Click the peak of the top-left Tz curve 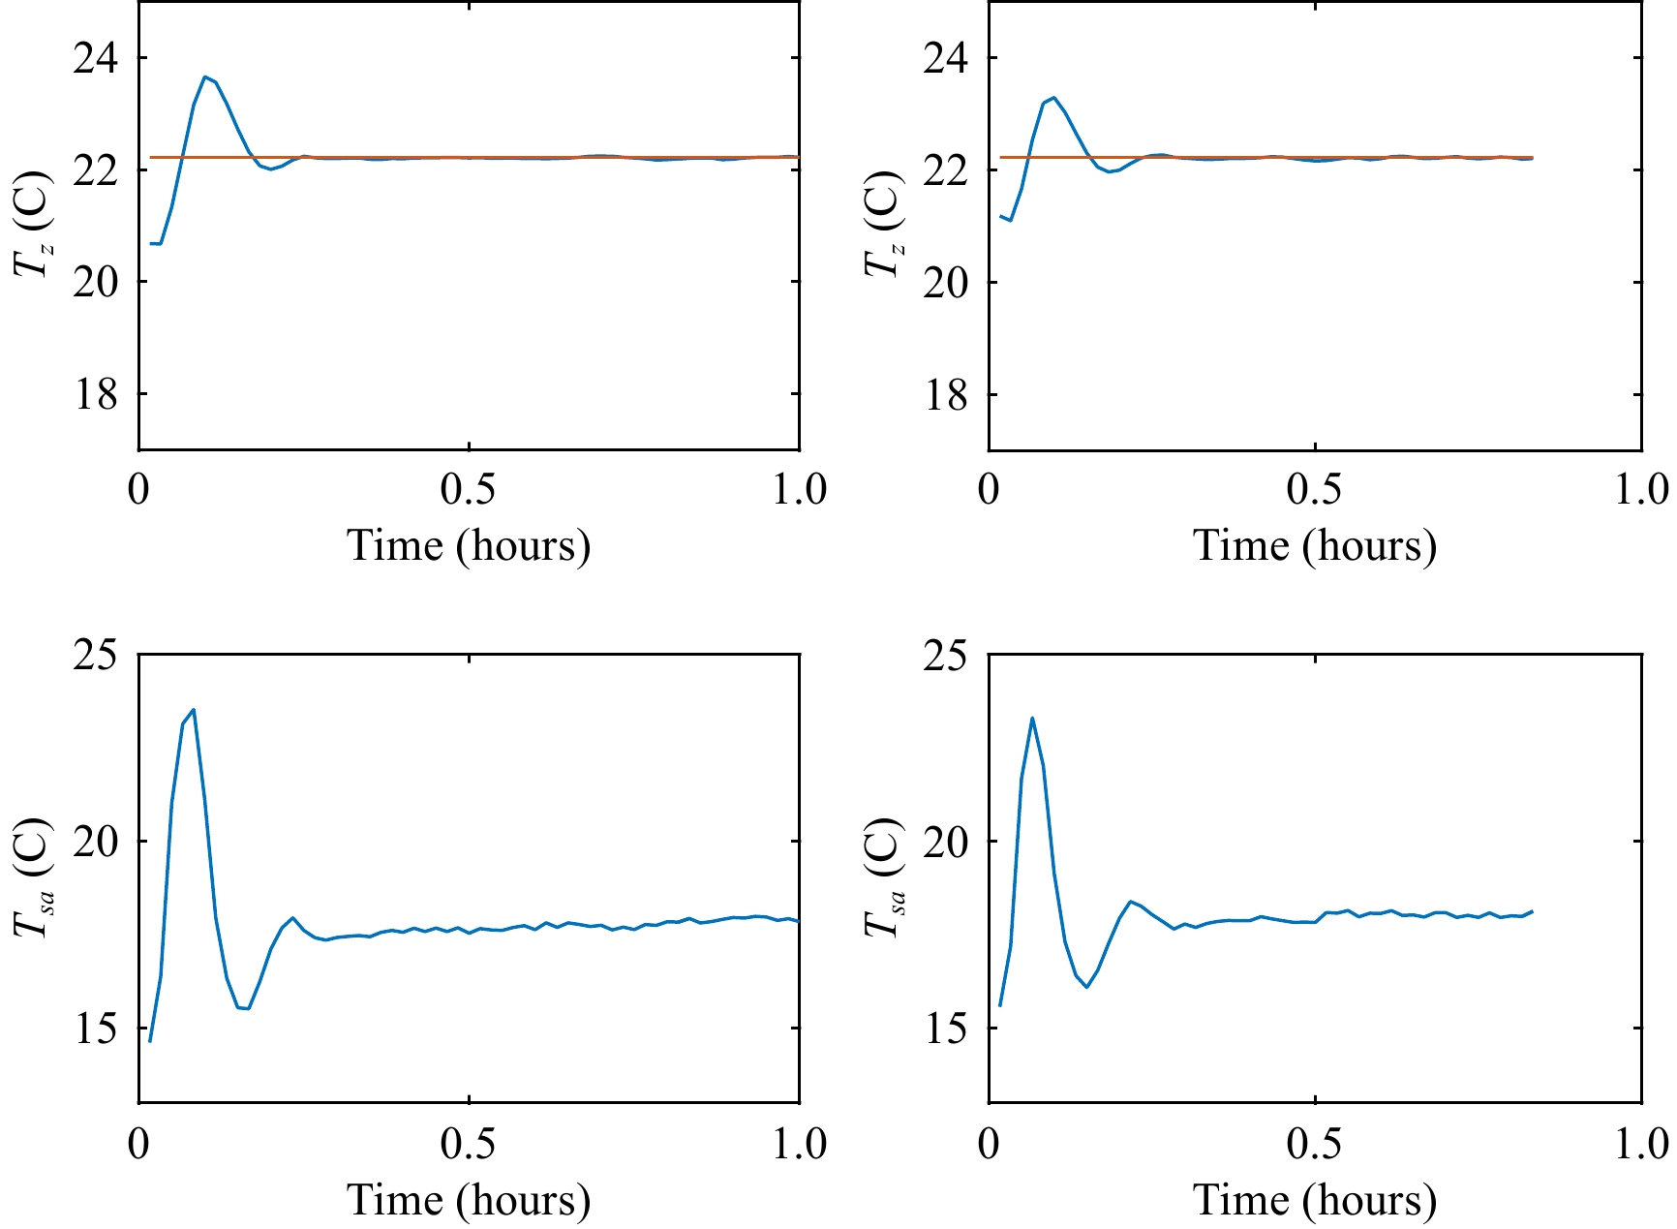204,77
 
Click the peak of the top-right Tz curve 1053,98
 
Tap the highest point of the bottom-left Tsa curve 194,710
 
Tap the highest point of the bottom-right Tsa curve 1032,719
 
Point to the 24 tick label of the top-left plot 95,58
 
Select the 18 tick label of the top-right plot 945,394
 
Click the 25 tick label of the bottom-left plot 95,656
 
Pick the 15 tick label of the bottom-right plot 945,1029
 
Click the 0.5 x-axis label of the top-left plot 468,490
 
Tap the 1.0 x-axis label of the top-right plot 1641,490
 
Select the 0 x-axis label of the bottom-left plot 138,1144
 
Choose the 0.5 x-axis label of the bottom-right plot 1314,1144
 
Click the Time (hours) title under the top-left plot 469,546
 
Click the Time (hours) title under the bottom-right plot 1314,1201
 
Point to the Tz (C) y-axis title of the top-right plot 882,225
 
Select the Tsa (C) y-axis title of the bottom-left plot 33,877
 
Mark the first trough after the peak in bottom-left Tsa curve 248,1008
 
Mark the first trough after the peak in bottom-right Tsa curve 1086,987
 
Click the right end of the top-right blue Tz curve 1532,158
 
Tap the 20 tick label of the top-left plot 95,282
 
